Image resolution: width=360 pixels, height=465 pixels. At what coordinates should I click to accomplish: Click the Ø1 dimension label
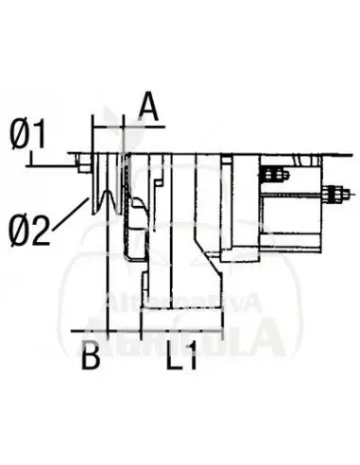click(27, 137)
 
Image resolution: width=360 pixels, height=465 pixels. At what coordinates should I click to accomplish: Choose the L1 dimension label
click(180, 358)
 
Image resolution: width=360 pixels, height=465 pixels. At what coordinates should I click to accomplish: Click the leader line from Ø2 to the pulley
click(70, 214)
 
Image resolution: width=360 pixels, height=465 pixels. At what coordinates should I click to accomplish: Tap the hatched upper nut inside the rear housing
click(271, 175)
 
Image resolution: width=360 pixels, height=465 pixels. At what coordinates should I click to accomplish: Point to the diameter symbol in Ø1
click(18, 137)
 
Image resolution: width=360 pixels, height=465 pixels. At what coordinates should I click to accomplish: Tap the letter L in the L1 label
click(174, 358)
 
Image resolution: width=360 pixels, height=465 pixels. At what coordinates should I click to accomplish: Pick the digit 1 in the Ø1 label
click(39, 137)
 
